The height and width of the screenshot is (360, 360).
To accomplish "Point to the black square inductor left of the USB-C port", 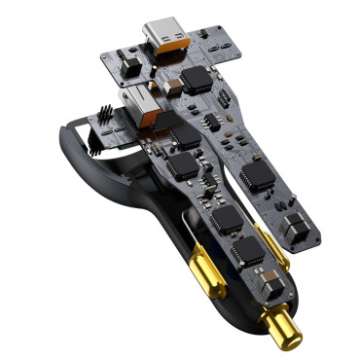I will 133,60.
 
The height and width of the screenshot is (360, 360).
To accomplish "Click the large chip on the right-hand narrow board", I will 258,173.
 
